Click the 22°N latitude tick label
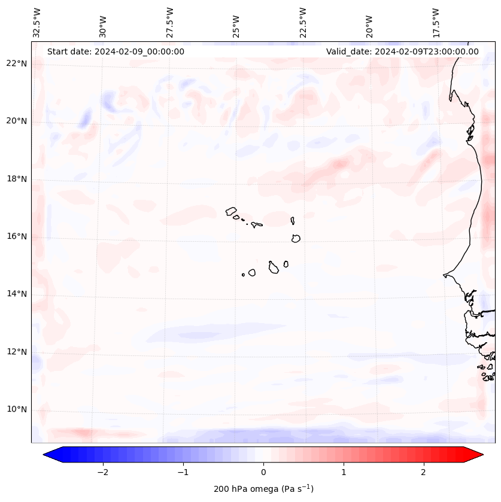coord(17,63)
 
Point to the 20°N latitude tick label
coord(17,121)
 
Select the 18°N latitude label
coord(17,179)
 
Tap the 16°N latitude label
coord(17,236)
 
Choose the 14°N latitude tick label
coord(17,294)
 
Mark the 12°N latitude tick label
coord(17,352)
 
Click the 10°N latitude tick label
coord(17,409)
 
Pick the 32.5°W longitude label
coord(37,23)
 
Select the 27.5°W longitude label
coord(170,23)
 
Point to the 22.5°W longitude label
coord(303,23)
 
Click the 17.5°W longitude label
coord(437,23)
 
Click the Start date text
coord(116,51)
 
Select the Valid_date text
coord(402,51)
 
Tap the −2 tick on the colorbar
coord(102,472)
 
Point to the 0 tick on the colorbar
coord(263,472)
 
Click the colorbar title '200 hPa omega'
coord(263,489)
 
